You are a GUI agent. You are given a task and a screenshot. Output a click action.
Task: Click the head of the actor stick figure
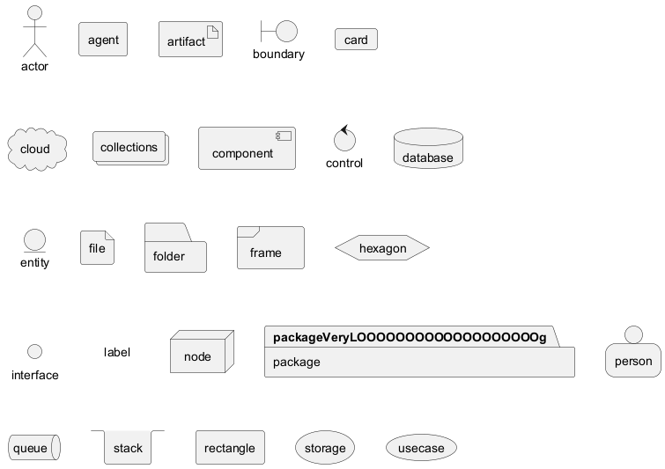(34, 12)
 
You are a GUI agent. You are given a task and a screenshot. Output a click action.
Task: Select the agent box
(103, 40)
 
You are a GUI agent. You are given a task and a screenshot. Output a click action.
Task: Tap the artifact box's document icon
(212, 32)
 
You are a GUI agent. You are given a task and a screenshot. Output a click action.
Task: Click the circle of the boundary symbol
(286, 32)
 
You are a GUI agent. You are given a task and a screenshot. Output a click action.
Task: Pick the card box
(356, 40)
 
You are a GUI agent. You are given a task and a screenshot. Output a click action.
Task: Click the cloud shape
(36, 149)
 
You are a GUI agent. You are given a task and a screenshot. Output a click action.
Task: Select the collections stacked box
(129, 148)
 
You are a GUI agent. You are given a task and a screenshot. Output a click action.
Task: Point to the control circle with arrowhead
(344, 141)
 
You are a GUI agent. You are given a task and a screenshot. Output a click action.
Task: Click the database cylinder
(427, 150)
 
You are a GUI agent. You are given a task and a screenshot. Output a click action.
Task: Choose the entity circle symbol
(34, 240)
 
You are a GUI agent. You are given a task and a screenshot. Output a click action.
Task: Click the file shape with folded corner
(97, 248)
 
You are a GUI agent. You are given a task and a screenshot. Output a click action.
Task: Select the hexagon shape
(382, 248)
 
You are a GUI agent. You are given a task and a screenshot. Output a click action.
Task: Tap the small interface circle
(34, 352)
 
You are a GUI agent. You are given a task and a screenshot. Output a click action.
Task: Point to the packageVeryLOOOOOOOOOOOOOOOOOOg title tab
(410, 337)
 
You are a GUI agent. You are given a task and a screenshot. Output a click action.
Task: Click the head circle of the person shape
(632, 334)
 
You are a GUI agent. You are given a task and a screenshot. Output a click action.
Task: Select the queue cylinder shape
(34, 448)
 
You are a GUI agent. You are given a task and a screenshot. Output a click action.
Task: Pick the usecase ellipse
(421, 448)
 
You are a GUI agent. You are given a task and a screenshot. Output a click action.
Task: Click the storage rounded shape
(325, 448)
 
